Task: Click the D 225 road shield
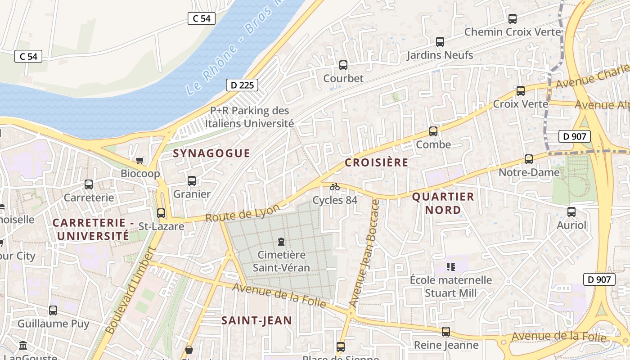242,85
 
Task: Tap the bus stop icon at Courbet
343,65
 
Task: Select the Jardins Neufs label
440,55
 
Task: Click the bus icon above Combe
433,131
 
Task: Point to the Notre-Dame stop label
529,172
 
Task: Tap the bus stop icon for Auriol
571,212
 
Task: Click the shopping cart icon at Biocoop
140,160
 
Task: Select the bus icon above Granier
192,181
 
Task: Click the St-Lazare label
161,226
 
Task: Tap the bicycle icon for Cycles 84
335,187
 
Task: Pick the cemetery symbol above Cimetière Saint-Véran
281,242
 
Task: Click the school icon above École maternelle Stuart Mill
451,267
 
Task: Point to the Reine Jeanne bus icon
446,332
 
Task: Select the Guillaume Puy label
53,324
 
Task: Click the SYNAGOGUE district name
211,153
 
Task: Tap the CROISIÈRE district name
377,163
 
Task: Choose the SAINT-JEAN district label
256,320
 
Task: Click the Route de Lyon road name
243,212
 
